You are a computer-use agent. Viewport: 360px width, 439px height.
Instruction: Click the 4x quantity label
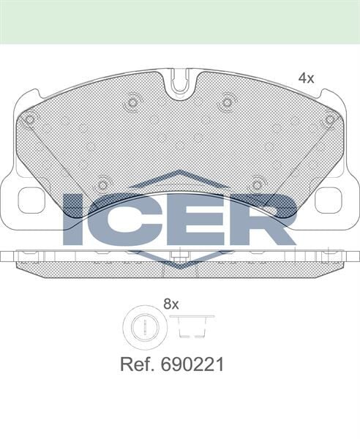click(x=305, y=78)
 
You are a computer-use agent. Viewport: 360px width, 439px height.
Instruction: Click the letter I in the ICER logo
click(x=73, y=219)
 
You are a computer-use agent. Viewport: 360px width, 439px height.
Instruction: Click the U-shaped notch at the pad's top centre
click(x=179, y=84)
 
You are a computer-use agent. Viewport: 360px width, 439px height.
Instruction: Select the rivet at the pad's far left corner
click(x=29, y=119)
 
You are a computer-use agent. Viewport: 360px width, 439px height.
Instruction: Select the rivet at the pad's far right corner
click(x=330, y=119)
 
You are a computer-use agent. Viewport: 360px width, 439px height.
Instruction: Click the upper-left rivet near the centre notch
click(x=132, y=102)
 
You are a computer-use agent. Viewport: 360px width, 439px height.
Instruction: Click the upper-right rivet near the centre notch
click(x=227, y=102)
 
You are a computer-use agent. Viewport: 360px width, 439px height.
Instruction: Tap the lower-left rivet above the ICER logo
click(x=102, y=184)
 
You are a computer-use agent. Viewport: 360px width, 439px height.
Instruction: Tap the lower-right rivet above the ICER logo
click(x=257, y=184)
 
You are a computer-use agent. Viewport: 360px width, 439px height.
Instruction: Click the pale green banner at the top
click(x=180, y=21)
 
